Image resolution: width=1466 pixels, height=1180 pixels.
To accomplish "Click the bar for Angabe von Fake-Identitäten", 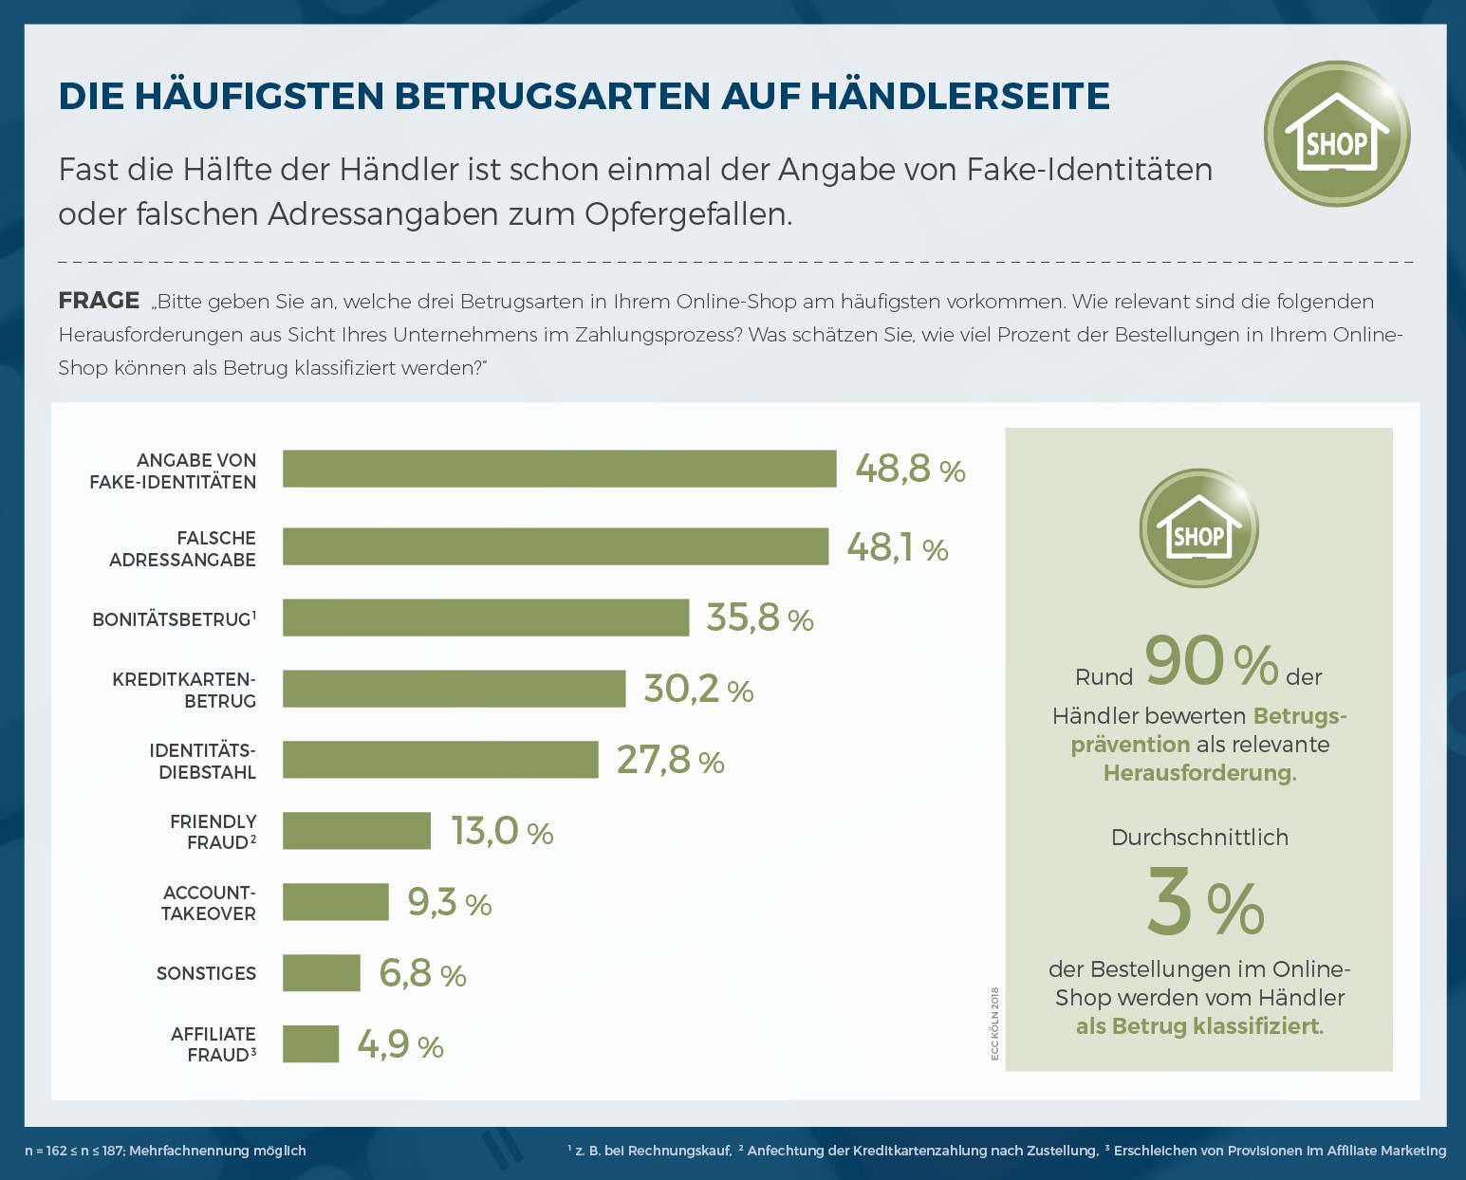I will [560, 469].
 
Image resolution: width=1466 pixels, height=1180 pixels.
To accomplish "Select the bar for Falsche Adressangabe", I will [555, 546].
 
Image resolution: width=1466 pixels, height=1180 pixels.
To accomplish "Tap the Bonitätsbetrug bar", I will [486, 618].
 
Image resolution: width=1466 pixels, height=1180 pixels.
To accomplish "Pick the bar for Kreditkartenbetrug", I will [454, 689].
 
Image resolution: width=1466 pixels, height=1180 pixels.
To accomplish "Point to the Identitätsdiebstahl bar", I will [440, 760].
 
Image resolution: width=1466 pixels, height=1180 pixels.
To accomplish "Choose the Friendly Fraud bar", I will [357, 831].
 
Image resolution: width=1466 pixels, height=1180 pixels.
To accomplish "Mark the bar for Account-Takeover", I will [336, 902].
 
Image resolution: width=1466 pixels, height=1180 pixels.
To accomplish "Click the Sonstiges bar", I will [322, 973].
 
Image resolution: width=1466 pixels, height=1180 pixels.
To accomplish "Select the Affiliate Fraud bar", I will [310, 1044].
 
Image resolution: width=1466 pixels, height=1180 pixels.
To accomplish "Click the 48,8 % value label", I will [910, 469].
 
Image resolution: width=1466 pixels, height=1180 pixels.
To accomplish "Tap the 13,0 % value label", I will [502, 832].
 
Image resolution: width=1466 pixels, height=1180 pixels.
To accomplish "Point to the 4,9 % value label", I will [400, 1045].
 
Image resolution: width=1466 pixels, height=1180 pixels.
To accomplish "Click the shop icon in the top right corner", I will [1336, 134].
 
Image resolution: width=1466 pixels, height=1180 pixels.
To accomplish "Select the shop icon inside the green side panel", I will [1198, 528].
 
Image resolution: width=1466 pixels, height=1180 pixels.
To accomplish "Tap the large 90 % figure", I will [1211, 661].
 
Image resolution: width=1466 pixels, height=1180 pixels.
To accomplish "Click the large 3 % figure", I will [1205, 904].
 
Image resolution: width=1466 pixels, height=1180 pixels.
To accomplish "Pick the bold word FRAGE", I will [99, 301].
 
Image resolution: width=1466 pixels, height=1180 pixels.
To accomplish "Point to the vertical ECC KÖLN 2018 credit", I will [995, 1024].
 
